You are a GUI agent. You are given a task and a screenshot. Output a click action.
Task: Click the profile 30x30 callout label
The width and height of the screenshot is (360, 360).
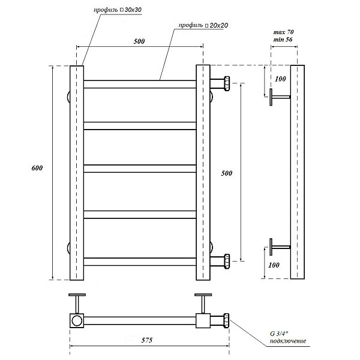pos(118,10)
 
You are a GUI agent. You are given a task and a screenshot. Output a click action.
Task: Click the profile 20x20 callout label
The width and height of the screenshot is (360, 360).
pos(203,25)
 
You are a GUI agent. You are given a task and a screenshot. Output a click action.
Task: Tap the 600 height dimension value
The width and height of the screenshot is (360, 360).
pos(37,168)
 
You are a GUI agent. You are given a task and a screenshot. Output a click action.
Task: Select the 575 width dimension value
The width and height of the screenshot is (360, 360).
pos(147,340)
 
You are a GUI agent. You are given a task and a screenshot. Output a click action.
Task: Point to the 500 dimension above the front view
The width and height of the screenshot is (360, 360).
pos(139,41)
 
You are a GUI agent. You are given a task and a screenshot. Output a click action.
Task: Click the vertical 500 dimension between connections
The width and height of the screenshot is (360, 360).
pos(227,173)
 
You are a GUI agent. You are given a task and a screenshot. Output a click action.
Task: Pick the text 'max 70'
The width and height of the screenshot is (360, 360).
pos(284,32)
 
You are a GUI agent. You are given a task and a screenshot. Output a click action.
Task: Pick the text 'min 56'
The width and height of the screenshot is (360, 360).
pos(283,40)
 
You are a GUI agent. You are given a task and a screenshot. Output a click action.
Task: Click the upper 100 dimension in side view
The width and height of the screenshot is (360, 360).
pos(280,79)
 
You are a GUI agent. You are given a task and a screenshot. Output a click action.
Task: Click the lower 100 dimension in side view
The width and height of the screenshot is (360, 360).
pos(274,265)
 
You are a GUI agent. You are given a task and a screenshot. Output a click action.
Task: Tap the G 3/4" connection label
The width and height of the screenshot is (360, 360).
pos(288,337)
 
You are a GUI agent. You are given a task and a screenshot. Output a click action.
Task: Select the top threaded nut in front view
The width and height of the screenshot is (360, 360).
pos(227,83)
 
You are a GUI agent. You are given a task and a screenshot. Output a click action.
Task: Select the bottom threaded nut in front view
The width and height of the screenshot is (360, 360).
pos(227,261)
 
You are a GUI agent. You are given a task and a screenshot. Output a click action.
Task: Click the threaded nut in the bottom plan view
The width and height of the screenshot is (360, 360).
pos(226,320)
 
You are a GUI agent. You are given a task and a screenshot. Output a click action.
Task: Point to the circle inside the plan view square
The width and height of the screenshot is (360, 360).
pos(77,320)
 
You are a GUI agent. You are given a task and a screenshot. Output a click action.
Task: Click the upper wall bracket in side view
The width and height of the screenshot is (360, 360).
pos(280,97)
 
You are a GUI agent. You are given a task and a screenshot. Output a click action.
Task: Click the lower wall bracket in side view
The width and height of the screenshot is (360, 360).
pos(280,247)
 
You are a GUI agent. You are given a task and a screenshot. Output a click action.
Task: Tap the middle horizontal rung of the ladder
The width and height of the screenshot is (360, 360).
pos(140,169)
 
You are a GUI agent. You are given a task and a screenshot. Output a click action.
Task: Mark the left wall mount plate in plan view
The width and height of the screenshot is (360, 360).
pos(77,295)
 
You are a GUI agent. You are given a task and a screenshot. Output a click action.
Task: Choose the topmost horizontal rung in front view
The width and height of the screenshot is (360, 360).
pos(140,84)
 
